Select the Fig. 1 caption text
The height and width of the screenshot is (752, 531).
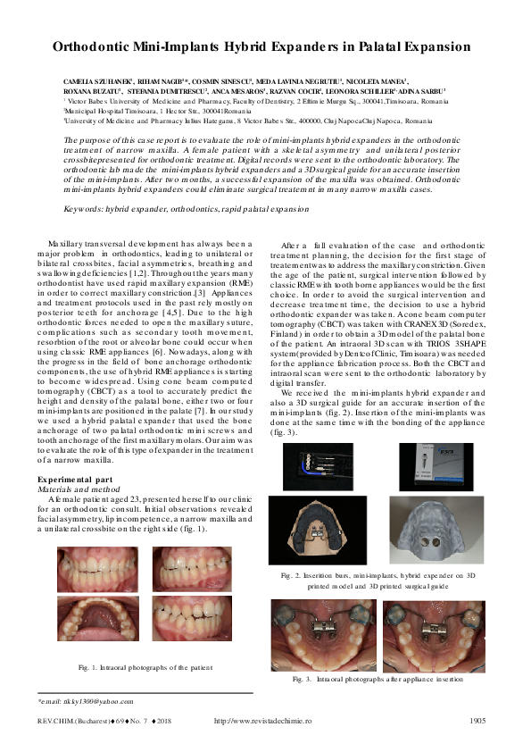pos(144,666)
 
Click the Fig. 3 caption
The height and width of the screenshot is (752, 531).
pos(378,679)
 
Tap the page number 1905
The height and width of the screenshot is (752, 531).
pos(477,720)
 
